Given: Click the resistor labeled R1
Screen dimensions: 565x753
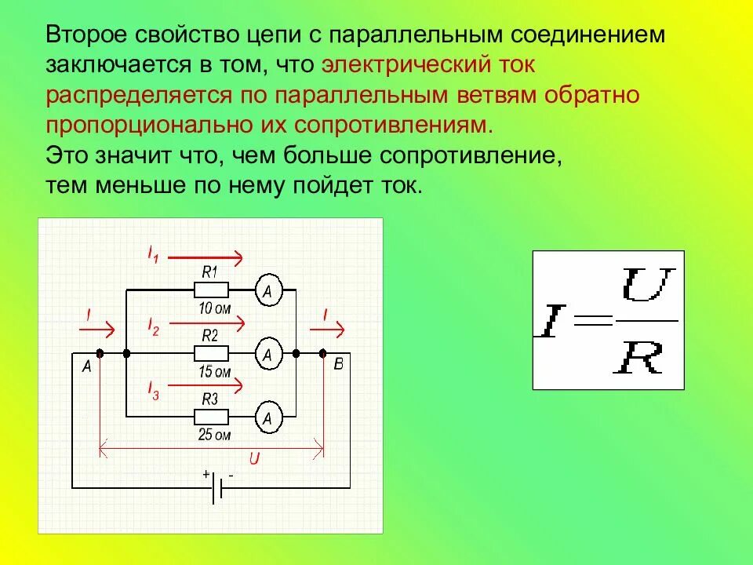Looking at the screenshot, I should (x=211, y=290).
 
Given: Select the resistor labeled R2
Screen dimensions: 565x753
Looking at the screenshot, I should (x=211, y=353).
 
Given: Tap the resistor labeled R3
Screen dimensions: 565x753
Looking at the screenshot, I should (x=211, y=417).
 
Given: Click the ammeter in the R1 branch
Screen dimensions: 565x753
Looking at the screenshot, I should (x=267, y=291).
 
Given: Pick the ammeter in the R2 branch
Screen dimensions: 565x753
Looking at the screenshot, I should (x=267, y=355).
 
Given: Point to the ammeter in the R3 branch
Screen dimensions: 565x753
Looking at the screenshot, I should (x=267, y=418).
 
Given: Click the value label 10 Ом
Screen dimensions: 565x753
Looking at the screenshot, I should (x=214, y=308).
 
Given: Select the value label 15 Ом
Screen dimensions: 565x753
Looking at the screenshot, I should (x=214, y=371).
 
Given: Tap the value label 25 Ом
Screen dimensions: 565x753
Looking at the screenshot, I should (x=214, y=435).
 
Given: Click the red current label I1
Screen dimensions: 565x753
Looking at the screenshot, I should (x=154, y=253).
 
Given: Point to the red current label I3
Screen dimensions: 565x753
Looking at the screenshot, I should (x=154, y=389).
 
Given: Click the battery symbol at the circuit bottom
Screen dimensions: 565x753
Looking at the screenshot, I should (x=219, y=488).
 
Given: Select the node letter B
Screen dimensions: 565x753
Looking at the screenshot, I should (x=338, y=364).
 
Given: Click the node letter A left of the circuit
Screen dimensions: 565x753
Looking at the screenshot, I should (x=86, y=366).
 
